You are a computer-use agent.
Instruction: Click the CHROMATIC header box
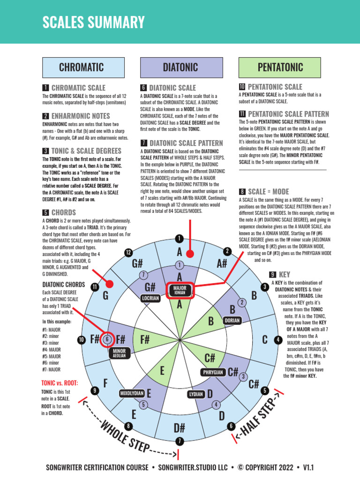click(83, 67)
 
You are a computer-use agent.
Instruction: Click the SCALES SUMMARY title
click(93, 22)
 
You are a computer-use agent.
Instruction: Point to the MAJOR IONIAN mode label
click(180, 290)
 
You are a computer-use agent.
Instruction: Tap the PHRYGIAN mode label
click(212, 372)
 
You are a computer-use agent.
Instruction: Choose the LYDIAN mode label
click(196, 394)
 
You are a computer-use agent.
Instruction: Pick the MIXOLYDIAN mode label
click(132, 393)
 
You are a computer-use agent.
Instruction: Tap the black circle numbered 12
click(127, 253)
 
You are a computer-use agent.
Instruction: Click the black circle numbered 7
click(180, 441)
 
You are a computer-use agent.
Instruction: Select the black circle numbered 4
click(278, 339)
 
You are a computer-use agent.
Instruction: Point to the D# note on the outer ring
click(180, 427)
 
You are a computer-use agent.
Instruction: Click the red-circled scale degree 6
click(107, 339)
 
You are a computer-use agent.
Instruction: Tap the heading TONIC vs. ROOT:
click(60, 383)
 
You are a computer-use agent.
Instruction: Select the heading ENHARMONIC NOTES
click(81, 116)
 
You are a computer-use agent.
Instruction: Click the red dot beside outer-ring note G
click(109, 284)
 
